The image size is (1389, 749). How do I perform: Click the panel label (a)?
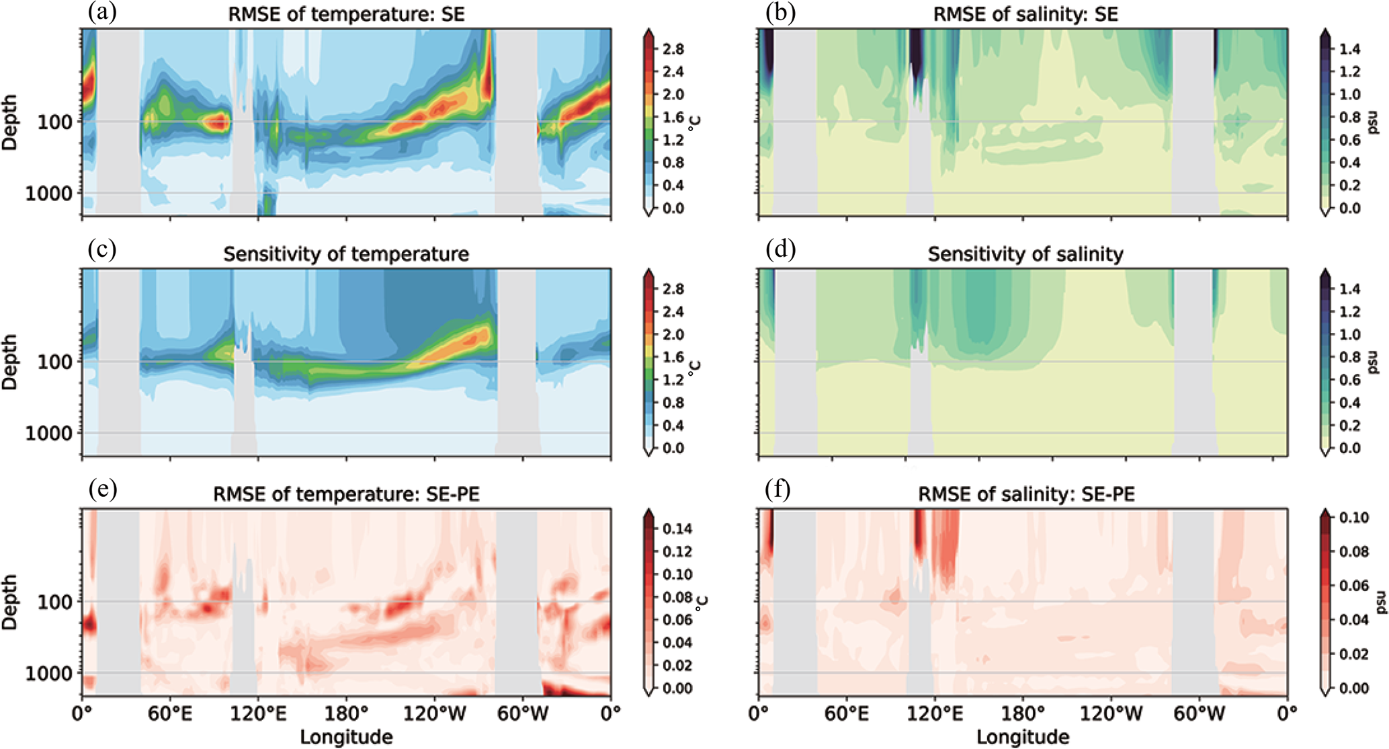[102, 13]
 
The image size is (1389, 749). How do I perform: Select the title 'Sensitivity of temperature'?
[346, 255]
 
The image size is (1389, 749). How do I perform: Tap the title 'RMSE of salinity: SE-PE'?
[1026, 495]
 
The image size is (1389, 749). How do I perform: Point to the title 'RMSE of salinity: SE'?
[1025, 15]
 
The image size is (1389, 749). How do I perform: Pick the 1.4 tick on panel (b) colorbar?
[1350, 49]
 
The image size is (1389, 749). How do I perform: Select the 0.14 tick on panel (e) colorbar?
[677, 529]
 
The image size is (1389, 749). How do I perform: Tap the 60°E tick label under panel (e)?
[170, 711]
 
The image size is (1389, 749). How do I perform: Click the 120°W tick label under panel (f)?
[1111, 711]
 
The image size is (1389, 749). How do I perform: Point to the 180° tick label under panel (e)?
[346, 711]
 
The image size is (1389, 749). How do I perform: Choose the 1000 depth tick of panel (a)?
[48, 194]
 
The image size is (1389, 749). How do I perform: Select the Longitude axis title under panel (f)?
[1023, 737]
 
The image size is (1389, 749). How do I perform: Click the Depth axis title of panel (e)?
[9, 602]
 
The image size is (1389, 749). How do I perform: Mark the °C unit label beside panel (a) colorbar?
[696, 123]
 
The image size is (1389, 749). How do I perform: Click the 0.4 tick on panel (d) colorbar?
[1350, 403]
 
